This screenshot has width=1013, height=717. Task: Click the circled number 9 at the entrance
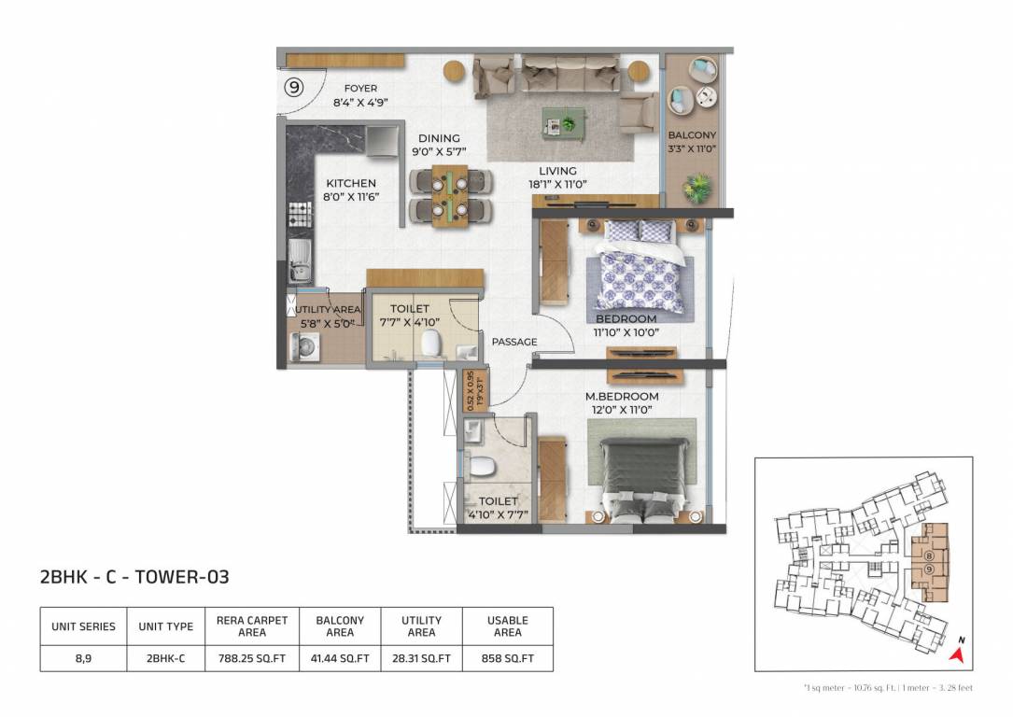click(x=294, y=88)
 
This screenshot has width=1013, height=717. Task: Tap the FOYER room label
click(x=360, y=89)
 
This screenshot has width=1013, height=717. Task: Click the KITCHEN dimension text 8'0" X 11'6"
click(x=350, y=197)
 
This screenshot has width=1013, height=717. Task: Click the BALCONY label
click(x=692, y=135)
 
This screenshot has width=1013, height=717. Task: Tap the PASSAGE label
click(x=514, y=342)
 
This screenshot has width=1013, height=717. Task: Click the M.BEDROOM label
click(x=622, y=397)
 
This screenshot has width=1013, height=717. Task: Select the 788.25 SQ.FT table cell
click(x=252, y=658)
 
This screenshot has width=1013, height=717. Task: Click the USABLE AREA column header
click(x=507, y=626)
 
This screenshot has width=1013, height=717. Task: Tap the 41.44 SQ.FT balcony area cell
click(x=340, y=658)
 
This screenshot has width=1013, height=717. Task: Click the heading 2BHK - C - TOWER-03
click(x=134, y=577)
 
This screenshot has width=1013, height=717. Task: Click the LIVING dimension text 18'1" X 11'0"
click(x=557, y=185)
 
